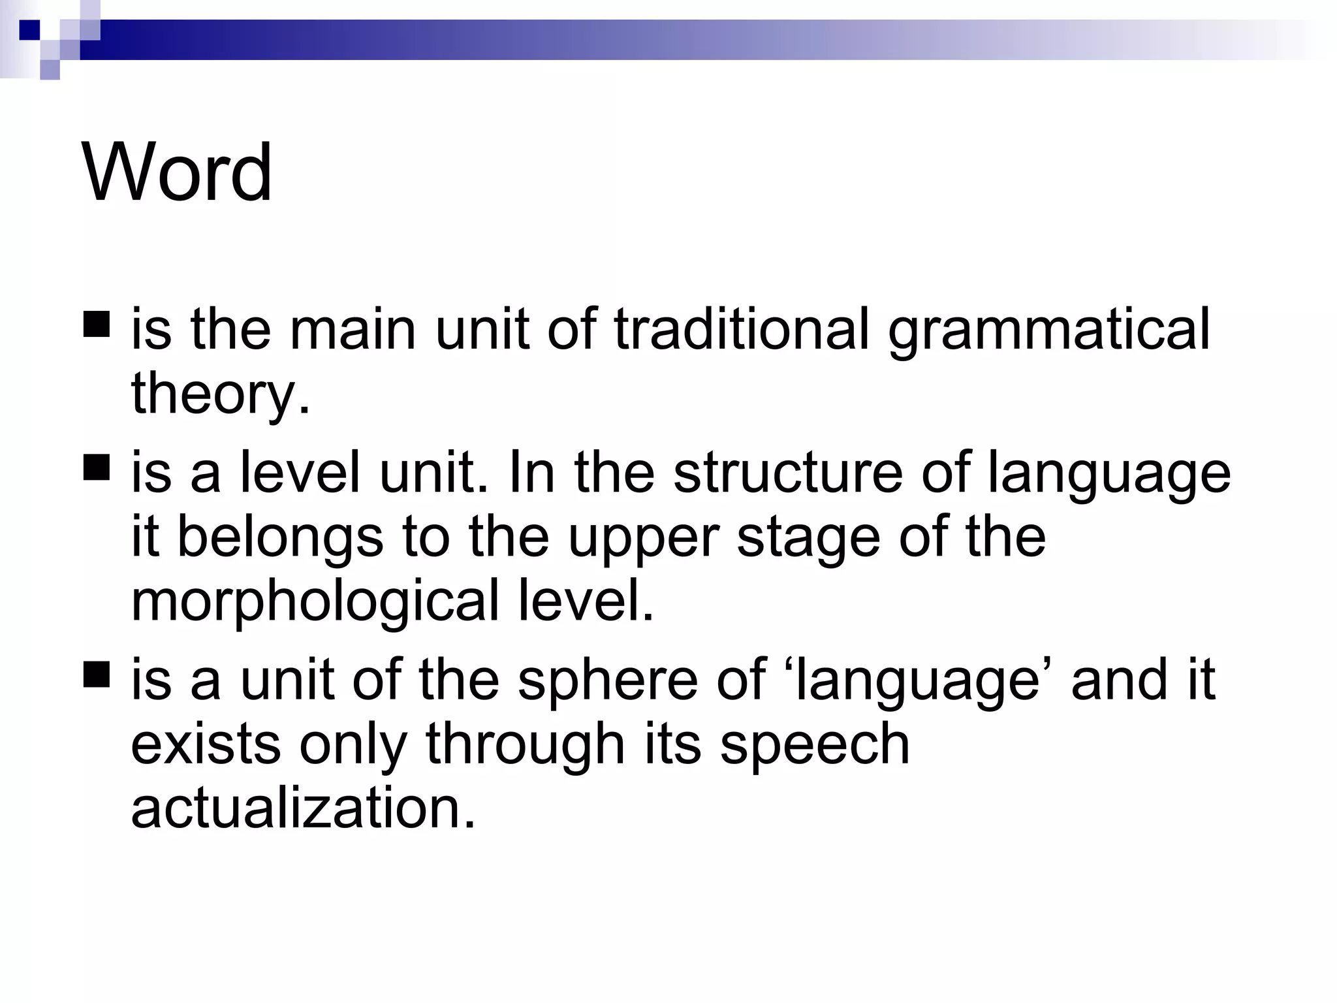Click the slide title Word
(x=177, y=172)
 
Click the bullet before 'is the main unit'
(x=97, y=324)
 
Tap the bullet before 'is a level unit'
(x=97, y=468)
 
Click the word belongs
(x=280, y=537)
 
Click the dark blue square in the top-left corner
(x=29, y=30)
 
